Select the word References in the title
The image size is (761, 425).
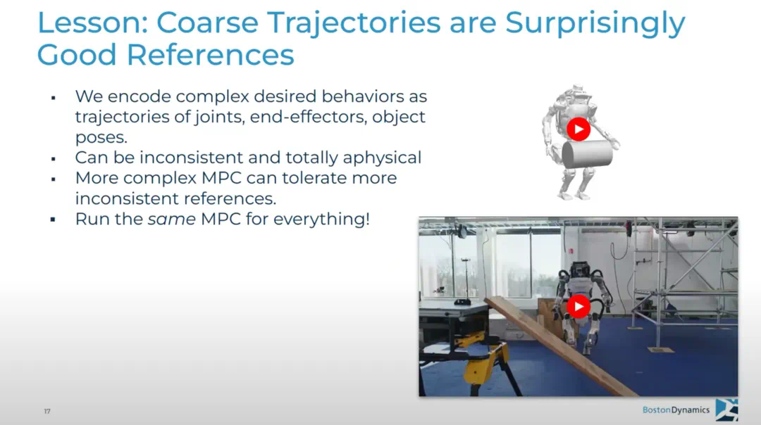pyautogui.click(x=210, y=55)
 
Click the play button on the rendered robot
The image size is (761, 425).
pyautogui.click(x=579, y=129)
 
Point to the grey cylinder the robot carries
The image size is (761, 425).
pyautogui.click(x=587, y=153)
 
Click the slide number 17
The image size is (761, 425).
pyautogui.click(x=47, y=412)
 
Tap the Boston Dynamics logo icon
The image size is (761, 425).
pyautogui.click(x=726, y=410)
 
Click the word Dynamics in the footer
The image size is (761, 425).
pyautogui.click(x=690, y=410)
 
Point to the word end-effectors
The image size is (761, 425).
pyautogui.click(x=308, y=117)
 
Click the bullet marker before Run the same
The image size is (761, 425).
pyautogui.click(x=54, y=220)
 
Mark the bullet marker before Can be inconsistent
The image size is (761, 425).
pyautogui.click(x=54, y=159)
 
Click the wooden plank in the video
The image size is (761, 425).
pyautogui.click(x=558, y=345)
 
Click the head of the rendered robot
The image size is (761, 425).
pyautogui.click(x=578, y=91)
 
